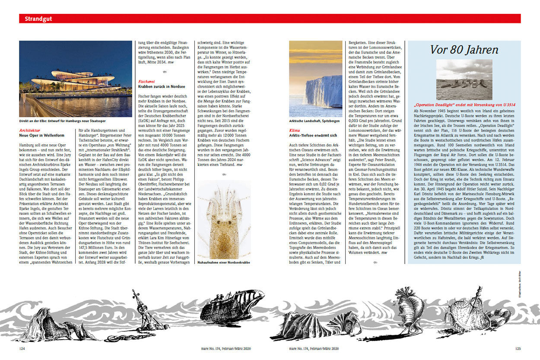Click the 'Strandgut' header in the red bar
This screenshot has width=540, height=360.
click(35, 19)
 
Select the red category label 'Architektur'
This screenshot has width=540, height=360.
click(30, 130)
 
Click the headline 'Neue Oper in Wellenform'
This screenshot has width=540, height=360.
click(41, 135)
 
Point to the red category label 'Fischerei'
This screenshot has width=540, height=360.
click(146, 81)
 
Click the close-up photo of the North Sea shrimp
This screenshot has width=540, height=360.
click(224, 219)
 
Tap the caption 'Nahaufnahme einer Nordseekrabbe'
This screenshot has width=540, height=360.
click(224, 262)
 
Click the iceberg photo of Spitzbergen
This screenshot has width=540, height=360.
click(315, 79)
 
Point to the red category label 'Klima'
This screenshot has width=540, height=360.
click(295, 130)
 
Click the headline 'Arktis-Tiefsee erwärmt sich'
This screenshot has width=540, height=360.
click(313, 135)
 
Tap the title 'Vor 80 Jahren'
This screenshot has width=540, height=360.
click(464, 50)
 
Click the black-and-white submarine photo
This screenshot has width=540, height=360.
click(464, 80)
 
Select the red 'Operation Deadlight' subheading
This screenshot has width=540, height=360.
click(464, 105)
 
